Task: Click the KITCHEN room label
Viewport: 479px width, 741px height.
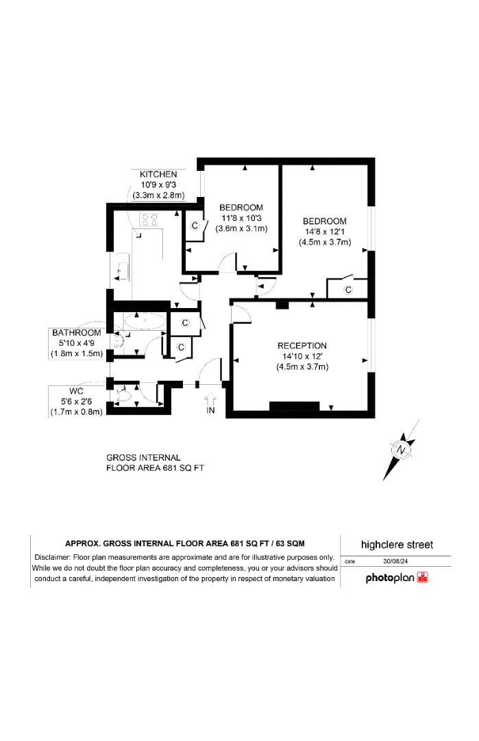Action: pos(158,174)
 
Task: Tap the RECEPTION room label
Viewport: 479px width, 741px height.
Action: pos(302,345)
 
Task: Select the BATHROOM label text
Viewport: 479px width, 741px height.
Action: pos(76,333)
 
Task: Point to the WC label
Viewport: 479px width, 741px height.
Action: pos(75,390)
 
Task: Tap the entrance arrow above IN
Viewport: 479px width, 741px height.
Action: pos(210,398)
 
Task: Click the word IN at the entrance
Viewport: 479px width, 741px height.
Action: pos(211,412)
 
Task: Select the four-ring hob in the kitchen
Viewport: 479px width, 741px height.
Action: pos(149,220)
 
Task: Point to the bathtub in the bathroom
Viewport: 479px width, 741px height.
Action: pos(145,320)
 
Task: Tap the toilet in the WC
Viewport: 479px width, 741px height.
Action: pos(124,395)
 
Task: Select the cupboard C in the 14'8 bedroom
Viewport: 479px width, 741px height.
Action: pos(348,290)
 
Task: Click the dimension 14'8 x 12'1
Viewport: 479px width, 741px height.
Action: pos(325,231)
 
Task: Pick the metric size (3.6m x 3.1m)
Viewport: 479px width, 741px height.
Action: pos(241,228)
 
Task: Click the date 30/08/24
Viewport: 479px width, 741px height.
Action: pos(397,561)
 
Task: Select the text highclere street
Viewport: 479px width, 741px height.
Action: pos(397,545)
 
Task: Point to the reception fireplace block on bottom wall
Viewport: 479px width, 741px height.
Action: pos(294,405)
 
